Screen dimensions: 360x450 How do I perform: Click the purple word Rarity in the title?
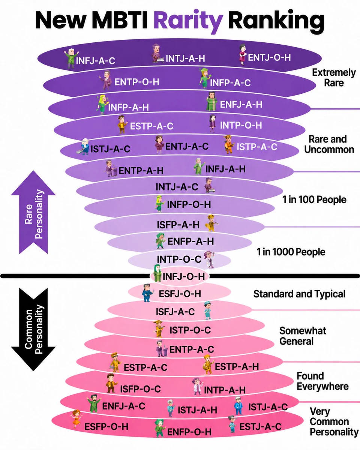(x=188, y=21)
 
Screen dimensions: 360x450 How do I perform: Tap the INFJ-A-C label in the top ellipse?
(x=95, y=61)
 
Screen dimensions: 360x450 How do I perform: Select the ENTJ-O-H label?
(x=269, y=57)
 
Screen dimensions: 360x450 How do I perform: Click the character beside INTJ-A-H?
(x=157, y=53)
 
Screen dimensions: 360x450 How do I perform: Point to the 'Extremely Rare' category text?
(x=334, y=78)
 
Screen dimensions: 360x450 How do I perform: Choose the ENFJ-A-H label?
(x=241, y=104)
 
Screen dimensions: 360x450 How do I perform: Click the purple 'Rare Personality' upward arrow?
(x=33, y=212)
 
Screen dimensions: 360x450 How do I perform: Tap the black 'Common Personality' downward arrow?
(x=33, y=329)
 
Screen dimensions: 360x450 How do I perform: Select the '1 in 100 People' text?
(x=314, y=199)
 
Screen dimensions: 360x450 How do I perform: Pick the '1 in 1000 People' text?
(x=291, y=252)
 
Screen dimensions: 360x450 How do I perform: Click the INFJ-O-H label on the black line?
(x=184, y=276)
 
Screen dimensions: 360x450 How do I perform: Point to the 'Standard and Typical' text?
(x=299, y=294)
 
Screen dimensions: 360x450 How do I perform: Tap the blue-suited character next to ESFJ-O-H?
(x=148, y=292)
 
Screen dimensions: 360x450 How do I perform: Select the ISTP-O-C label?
(x=190, y=330)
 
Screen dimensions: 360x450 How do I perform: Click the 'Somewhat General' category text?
(x=303, y=336)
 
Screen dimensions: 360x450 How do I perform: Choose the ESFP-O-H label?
(x=106, y=427)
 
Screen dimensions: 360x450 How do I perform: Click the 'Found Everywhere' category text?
(x=322, y=381)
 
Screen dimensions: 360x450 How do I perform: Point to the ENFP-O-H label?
(x=189, y=432)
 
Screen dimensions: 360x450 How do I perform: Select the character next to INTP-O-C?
(x=210, y=259)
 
